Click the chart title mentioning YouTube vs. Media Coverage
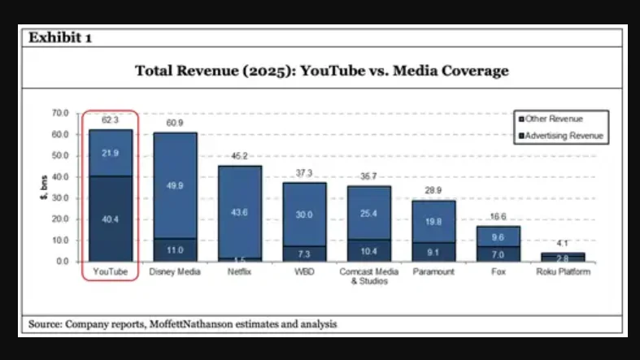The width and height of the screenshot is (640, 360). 321,71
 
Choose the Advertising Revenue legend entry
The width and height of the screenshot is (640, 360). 560,136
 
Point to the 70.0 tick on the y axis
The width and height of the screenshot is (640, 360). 59,113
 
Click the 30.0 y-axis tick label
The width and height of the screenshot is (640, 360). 59,197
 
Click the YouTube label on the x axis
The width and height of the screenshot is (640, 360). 110,272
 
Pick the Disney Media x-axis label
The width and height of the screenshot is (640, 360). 175,272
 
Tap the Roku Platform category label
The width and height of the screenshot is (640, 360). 563,272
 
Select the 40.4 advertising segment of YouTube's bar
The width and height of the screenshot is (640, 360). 110,219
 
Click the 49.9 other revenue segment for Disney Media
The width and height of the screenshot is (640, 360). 175,185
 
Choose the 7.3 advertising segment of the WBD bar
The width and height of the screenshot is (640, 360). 304,254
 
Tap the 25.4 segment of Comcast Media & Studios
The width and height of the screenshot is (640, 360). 369,213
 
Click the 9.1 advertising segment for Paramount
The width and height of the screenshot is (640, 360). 433,252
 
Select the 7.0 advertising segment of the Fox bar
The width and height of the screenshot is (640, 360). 499,254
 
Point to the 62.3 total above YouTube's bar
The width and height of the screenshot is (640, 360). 110,120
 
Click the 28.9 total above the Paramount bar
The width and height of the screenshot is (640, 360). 433,190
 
